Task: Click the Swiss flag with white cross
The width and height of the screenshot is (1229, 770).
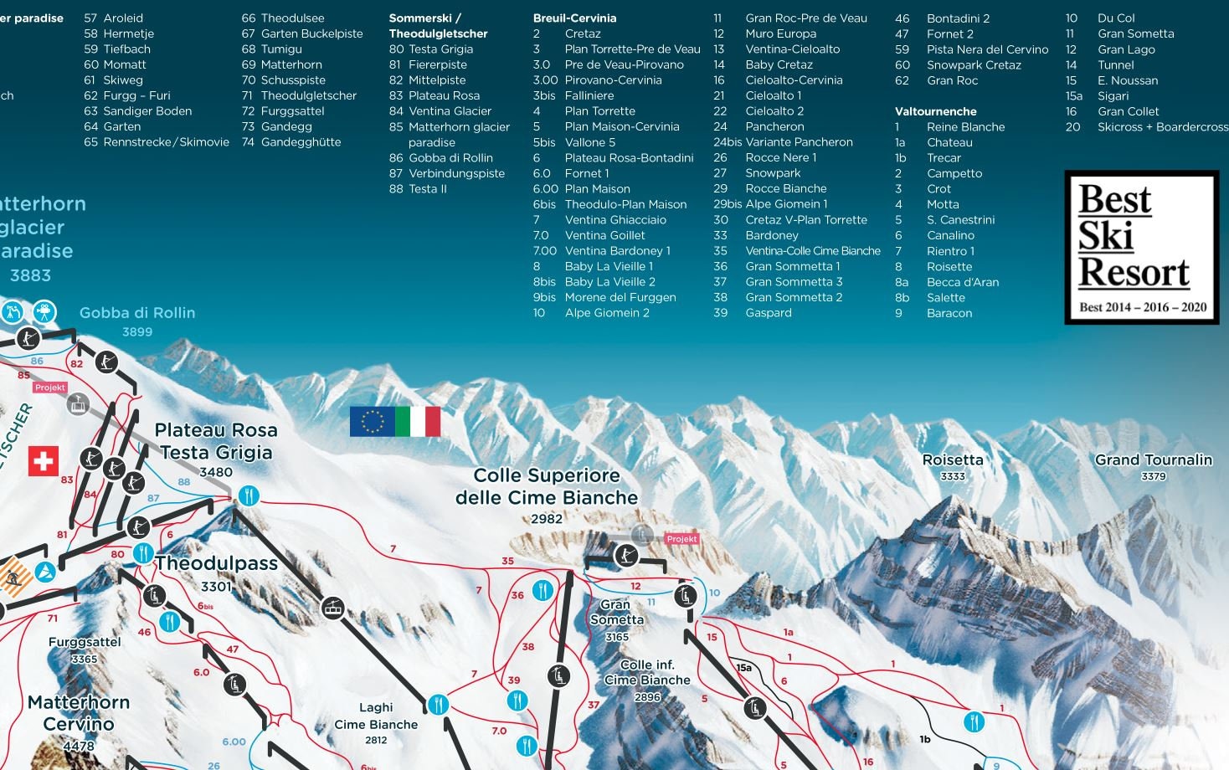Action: (x=44, y=461)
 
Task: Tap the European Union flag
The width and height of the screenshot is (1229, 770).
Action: (x=372, y=422)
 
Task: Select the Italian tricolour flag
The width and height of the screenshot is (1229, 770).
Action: (x=418, y=422)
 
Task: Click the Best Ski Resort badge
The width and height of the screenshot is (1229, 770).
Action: (x=1142, y=248)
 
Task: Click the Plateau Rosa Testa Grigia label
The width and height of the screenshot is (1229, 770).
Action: (x=216, y=442)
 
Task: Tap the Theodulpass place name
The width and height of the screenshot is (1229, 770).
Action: (x=216, y=563)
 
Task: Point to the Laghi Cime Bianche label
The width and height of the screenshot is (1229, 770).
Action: (x=376, y=716)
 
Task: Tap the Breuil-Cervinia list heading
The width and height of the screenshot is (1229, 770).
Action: (x=574, y=18)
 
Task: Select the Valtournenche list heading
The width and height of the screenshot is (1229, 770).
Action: (x=935, y=111)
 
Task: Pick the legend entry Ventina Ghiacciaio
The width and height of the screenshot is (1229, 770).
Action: (x=614, y=219)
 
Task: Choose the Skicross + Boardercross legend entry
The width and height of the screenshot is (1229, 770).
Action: (x=1162, y=127)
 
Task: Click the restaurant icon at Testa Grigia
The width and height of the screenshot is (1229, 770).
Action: (x=249, y=495)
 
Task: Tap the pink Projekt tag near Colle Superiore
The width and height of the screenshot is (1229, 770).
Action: (x=681, y=539)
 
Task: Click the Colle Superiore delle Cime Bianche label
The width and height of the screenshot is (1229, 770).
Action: (x=547, y=487)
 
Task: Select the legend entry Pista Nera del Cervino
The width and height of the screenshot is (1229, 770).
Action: (x=986, y=49)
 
